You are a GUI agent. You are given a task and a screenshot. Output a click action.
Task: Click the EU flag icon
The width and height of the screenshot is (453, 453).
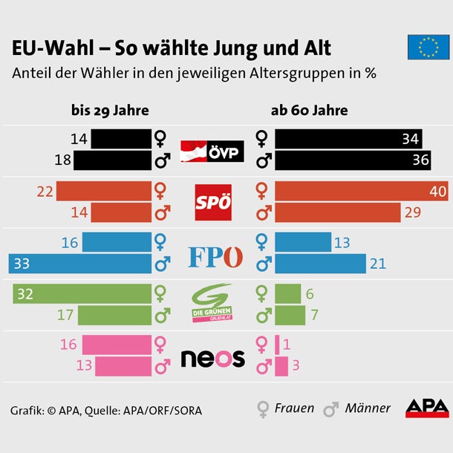(428, 47)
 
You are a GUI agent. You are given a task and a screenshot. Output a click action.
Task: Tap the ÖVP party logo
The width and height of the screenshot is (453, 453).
(214, 149)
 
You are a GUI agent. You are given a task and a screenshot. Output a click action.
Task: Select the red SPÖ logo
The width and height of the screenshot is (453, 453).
(213, 203)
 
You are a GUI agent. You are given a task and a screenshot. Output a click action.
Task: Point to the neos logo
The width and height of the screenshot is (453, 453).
(213, 359)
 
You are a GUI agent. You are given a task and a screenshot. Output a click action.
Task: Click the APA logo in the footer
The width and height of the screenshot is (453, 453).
(426, 408)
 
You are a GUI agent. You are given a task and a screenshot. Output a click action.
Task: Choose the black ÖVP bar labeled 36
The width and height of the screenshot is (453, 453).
(351, 160)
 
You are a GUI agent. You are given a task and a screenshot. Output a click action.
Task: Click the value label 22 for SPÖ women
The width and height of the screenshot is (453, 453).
(45, 192)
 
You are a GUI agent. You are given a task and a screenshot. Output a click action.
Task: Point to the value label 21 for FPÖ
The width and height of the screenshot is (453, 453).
(379, 264)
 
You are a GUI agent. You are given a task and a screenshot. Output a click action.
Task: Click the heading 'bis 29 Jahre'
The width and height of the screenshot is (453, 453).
(110, 111)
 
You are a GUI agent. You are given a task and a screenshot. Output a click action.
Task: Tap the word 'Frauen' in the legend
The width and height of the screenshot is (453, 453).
(294, 408)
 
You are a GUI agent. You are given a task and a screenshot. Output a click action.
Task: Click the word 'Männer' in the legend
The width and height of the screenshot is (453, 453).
(368, 408)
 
